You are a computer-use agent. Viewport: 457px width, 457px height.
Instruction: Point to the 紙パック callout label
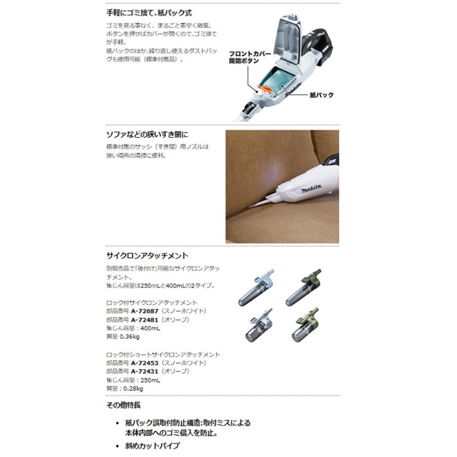pos(321,95)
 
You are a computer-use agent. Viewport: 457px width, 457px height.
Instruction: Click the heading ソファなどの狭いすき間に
pos(147,135)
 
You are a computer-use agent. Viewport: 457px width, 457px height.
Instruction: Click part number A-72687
pos(145,311)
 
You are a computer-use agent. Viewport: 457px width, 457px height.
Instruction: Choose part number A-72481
pos(145,320)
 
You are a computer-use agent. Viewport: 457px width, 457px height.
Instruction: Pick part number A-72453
pos(145,363)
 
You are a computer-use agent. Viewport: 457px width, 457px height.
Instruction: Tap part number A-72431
pos(145,371)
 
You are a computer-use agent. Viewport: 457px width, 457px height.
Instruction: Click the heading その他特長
pos(123,405)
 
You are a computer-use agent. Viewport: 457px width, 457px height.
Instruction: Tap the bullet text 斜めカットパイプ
pos(153,445)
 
